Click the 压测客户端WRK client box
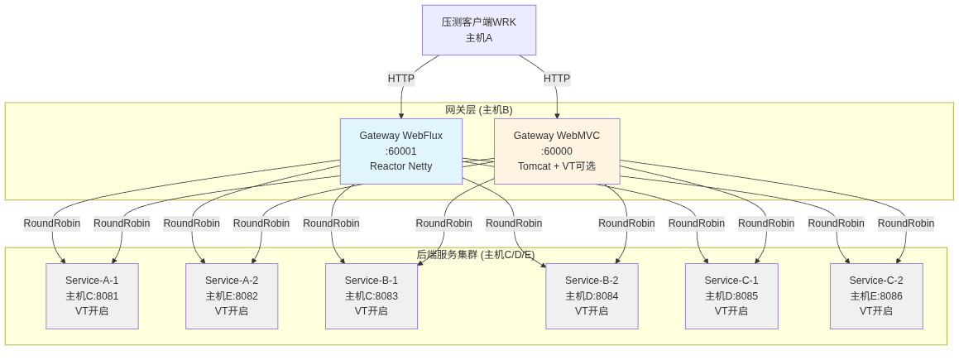(478, 30)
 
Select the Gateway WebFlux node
(400, 151)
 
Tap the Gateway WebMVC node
(556, 151)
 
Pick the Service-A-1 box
(92, 295)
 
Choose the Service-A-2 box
(232, 295)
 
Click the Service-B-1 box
(372, 295)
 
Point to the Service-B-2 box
(592, 295)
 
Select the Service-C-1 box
(731, 295)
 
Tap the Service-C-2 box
(876, 295)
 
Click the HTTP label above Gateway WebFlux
(401, 79)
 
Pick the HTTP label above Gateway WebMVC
(557, 79)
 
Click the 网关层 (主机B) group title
(478, 110)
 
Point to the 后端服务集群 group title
(475, 255)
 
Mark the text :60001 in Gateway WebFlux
(400, 151)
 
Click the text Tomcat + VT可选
(556, 166)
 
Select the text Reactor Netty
(400, 166)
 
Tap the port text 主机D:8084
(592, 296)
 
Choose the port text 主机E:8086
(876, 296)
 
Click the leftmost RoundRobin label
(51, 223)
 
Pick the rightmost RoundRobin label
(906, 223)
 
